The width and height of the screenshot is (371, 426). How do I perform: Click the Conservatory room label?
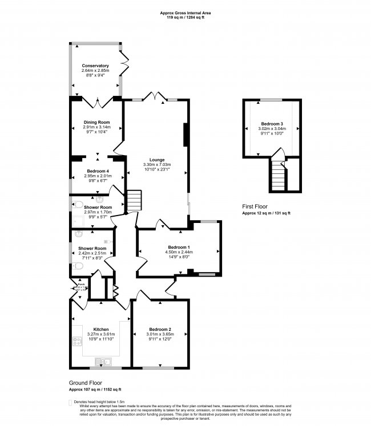click(x=95, y=66)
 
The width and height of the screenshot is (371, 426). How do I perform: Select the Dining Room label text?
click(x=96, y=122)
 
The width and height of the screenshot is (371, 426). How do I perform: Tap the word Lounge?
click(x=157, y=160)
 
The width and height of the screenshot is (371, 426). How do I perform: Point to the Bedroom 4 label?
click(x=96, y=171)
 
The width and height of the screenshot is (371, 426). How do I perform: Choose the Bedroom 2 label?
click(x=160, y=330)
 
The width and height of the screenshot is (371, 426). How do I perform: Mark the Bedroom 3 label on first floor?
click(x=272, y=124)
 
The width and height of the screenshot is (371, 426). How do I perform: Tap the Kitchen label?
click(x=101, y=330)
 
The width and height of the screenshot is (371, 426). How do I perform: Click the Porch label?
click(x=81, y=283)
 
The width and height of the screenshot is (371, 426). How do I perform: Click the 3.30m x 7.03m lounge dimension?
click(x=157, y=165)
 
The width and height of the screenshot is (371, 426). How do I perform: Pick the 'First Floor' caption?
click(x=256, y=206)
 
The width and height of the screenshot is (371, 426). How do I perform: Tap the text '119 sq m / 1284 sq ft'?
click(x=185, y=18)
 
